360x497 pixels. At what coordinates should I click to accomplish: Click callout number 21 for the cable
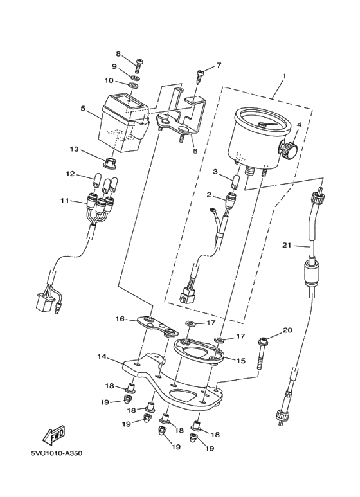[287, 245]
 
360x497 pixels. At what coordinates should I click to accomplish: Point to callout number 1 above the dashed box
[284, 77]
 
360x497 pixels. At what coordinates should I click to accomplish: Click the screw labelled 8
[138, 67]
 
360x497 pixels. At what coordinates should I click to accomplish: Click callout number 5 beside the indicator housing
[83, 109]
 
